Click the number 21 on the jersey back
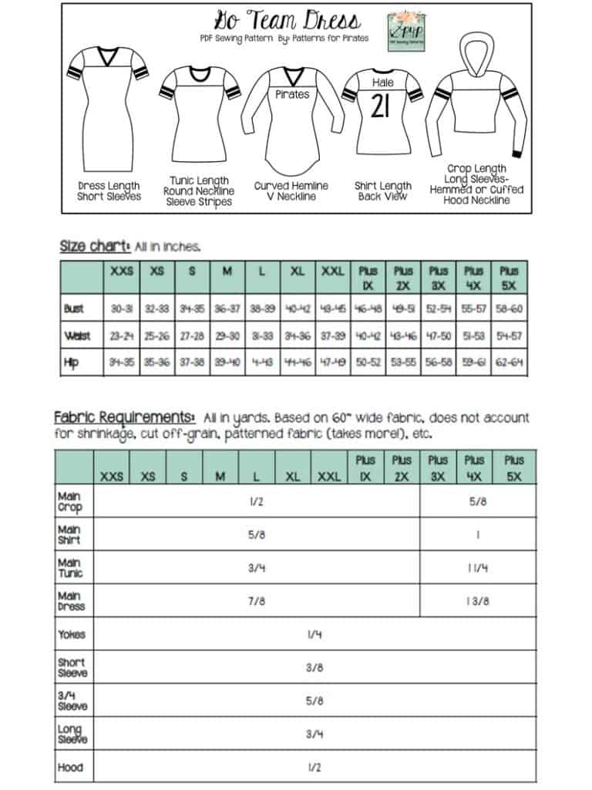[x=382, y=107]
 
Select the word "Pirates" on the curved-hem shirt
[x=292, y=94]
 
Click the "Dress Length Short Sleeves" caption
[x=109, y=191]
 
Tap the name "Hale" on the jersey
[x=382, y=83]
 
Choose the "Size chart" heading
[x=95, y=247]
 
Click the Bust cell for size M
[x=227, y=309]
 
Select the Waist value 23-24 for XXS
[x=122, y=336]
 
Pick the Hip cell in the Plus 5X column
[x=509, y=361]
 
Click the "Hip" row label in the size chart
[x=72, y=361]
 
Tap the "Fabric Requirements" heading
[x=124, y=417]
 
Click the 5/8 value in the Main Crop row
[x=477, y=501]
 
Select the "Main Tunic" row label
[x=70, y=568]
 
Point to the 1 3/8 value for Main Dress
[x=477, y=601]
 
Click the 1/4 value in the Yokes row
[x=314, y=634]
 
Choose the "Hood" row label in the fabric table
[x=70, y=768]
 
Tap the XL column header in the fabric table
[x=293, y=477]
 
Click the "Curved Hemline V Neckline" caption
[x=291, y=191]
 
